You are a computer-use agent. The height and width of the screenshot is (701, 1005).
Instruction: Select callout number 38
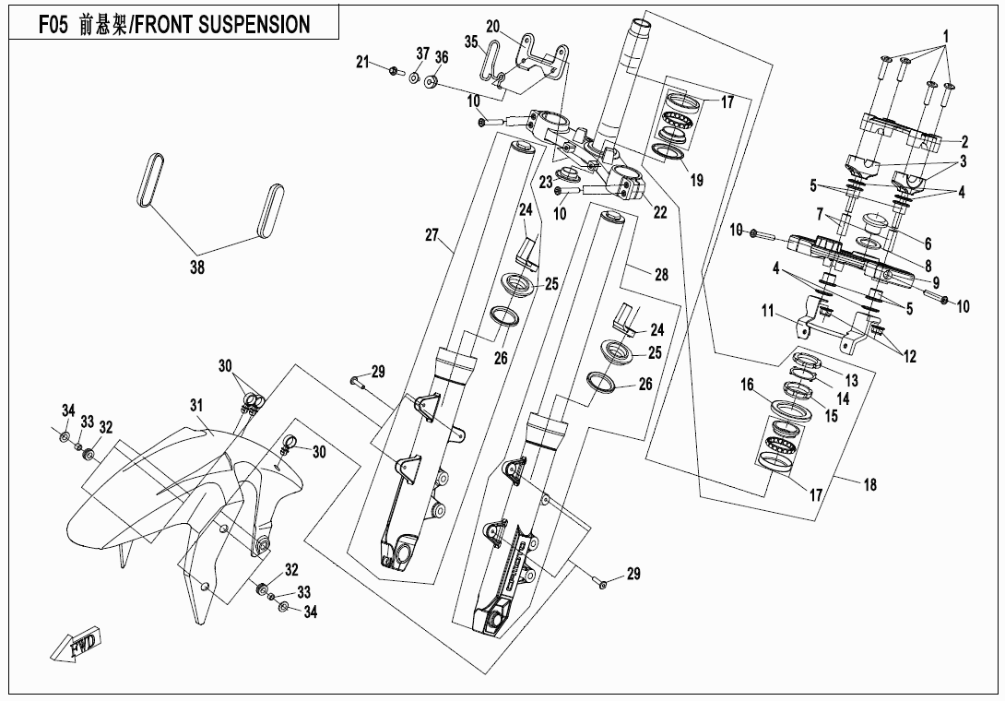pos(196,267)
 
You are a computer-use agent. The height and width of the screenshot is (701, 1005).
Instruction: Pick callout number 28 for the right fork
pos(660,275)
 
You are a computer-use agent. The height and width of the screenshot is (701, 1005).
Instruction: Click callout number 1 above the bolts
pos(945,38)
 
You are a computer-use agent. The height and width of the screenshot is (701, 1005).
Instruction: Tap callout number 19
pos(697,181)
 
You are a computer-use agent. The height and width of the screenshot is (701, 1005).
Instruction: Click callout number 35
pos(471,42)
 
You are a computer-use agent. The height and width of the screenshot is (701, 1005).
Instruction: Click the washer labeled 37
pos(414,77)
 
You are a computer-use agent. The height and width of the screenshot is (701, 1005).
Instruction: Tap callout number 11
pos(767,313)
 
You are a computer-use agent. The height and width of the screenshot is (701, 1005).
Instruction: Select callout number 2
pos(964,142)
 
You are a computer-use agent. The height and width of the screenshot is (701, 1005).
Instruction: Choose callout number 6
pos(928,244)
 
